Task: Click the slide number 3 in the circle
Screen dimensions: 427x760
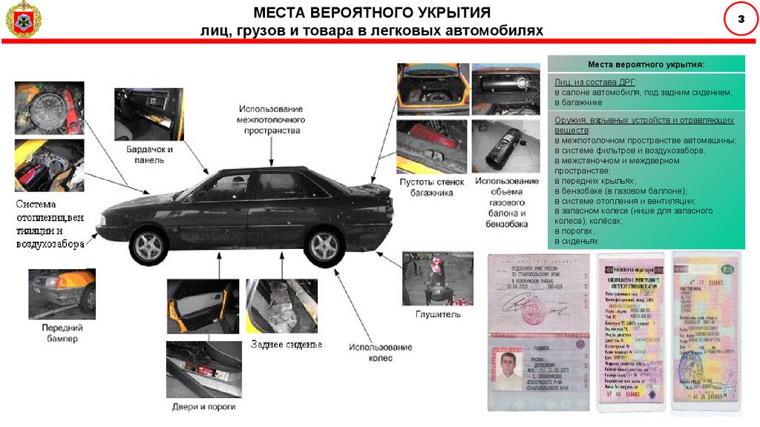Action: tap(739, 20)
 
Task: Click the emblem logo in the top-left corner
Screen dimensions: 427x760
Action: tap(24, 21)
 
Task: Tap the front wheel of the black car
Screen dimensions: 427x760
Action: tap(150, 242)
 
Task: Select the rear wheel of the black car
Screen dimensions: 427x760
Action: tap(324, 246)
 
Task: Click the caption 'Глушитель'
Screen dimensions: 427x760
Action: tap(439, 314)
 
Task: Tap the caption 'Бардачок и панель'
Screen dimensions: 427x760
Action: tap(149, 154)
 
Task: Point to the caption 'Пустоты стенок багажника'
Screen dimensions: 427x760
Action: tap(431, 186)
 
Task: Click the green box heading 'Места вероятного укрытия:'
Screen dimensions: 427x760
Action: tap(646, 65)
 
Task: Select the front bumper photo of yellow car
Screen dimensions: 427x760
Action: tap(62, 293)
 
